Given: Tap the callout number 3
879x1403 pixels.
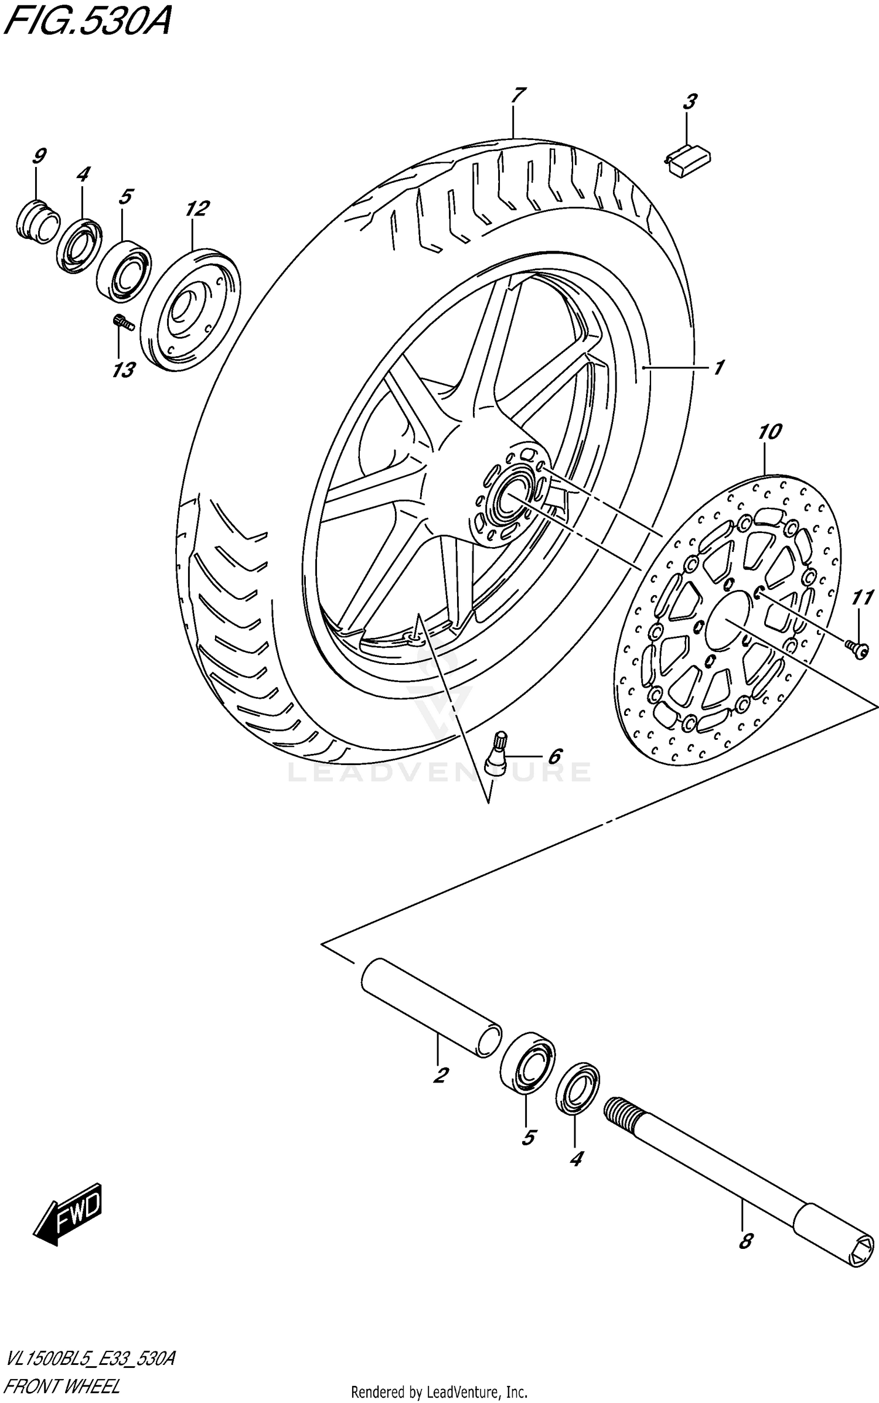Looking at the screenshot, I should click(x=689, y=102).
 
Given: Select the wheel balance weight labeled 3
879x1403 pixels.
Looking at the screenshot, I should click(x=689, y=160).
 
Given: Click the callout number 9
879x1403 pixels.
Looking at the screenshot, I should click(x=39, y=156).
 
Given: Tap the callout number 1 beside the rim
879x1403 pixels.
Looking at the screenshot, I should click(x=718, y=367).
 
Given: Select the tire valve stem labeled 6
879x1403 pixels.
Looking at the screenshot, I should click(x=497, y=753).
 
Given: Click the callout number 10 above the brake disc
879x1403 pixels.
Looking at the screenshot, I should click(x=769, y=433).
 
